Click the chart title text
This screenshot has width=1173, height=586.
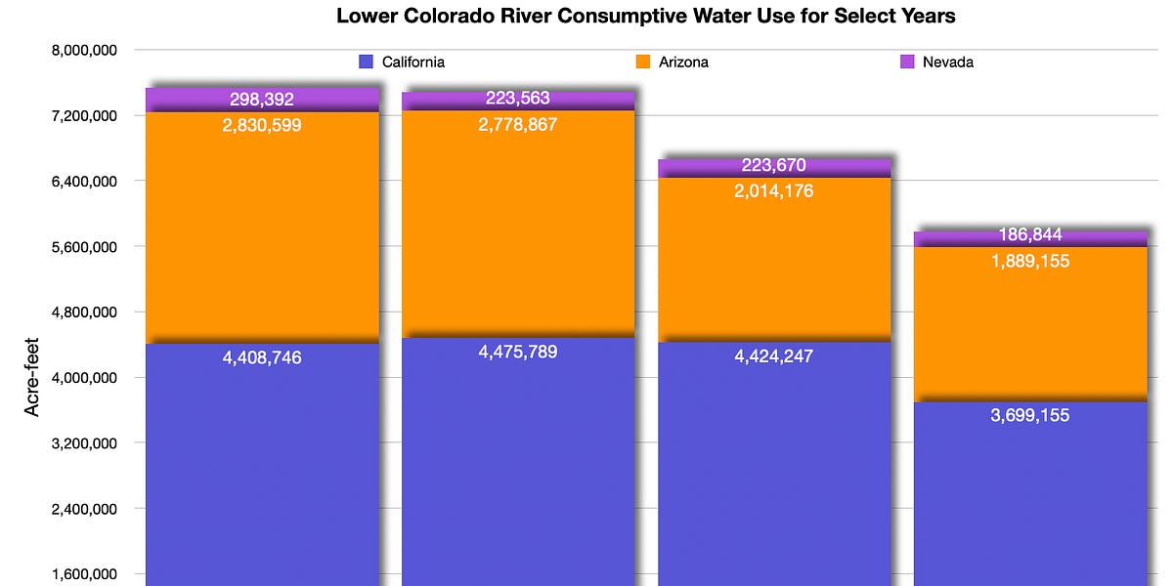coord(646,16)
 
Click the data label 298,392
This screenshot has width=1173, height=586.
coord(262,99)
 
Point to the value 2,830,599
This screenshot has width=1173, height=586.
coord(262,125)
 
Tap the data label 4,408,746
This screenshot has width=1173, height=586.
coord(262,357)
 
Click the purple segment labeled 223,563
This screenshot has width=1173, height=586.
coord(518,101)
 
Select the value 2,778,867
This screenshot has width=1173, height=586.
coord(518,125)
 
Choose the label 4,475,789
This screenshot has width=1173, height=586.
coord(518,352)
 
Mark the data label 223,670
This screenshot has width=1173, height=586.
coord(774,166)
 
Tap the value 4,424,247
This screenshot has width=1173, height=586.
coord(774,356)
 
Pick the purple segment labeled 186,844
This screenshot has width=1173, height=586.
coord(1030,236)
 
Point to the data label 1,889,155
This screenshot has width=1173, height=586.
coord(1030,262)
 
